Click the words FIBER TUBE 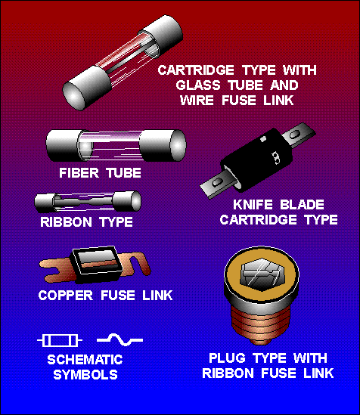point(100,173)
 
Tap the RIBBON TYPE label point(86,221)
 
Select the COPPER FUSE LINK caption point(105,295)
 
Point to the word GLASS point(198,85)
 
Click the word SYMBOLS point(85,374)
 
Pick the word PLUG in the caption point(227,358)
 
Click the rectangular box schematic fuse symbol point(60,340)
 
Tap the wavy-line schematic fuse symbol point(120,339)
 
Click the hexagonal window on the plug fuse point(262,274)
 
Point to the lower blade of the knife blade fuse point(217,184)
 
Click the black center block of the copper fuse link point(98,264)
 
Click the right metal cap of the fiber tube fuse point(163,145)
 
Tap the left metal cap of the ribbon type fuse point(45,203)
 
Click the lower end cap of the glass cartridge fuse point(86,88)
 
